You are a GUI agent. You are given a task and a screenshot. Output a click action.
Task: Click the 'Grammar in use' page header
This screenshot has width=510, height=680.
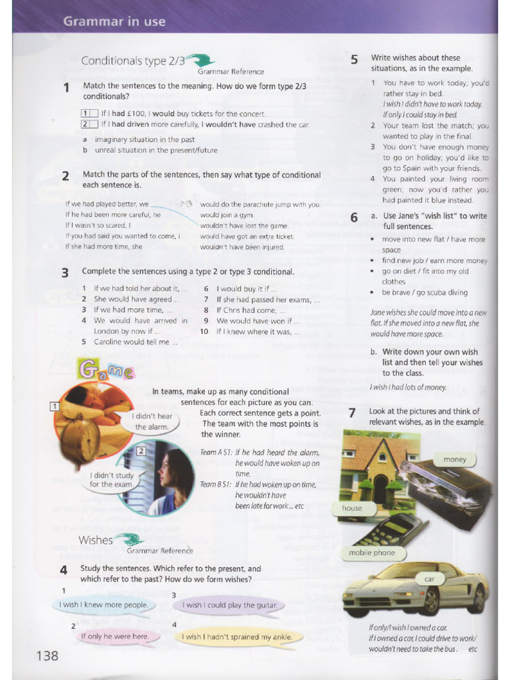pyautogui.click(x=114, y=21)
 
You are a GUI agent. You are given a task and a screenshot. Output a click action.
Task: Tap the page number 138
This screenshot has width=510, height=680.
pyautogui.click(x=47, y=656)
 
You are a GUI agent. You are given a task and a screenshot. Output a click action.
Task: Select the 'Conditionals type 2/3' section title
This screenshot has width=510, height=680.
pyautogui.click(x=133, y=61)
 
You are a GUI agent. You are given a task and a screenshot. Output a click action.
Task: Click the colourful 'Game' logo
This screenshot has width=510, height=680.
pyautogui.click(x=106, y=369)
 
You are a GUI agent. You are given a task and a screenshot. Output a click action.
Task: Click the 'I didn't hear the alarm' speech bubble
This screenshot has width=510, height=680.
pyautogui.click(x=151, y=422)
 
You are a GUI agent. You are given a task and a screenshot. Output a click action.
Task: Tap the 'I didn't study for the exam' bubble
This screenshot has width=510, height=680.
pyautogui.click(x=111, y=479)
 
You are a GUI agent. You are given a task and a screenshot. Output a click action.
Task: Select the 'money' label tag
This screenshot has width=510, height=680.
pyautogui.click(x=455, y=460)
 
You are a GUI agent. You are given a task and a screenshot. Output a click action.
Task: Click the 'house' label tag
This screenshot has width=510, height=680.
pyautogui.click(x=352, y=508)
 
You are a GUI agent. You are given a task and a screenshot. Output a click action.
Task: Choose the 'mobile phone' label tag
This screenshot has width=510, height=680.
pyautogui.click(x=371, y=552)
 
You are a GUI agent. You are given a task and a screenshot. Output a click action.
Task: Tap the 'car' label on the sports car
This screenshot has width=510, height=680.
pyautogui.click(x=429, y=579)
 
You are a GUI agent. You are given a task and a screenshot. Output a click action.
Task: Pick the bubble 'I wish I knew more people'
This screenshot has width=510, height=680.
pyautogui.click(x=103, y=605)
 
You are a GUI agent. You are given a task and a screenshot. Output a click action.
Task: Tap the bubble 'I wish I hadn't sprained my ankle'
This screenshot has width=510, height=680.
pyautogui.click(x=236, y=637)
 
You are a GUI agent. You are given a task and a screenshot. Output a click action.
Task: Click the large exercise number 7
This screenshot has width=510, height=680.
pyautogui.click(x=352, y=413)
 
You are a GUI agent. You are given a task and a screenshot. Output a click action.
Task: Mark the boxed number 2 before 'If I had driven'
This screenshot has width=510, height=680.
pyautogui.click(x=86, y=124)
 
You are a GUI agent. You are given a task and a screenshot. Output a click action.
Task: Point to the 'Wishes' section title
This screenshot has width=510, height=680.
pyautogui.click(x=96, y=540)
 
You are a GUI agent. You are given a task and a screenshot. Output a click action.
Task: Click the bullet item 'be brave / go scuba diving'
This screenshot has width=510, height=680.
pyautogui.click(x=424, y=292)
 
